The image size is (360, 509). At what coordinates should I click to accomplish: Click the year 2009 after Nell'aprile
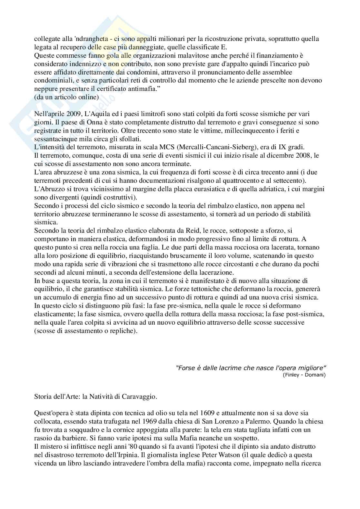coord(74,114)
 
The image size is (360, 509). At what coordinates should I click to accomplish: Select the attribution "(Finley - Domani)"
coord(304,375)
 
